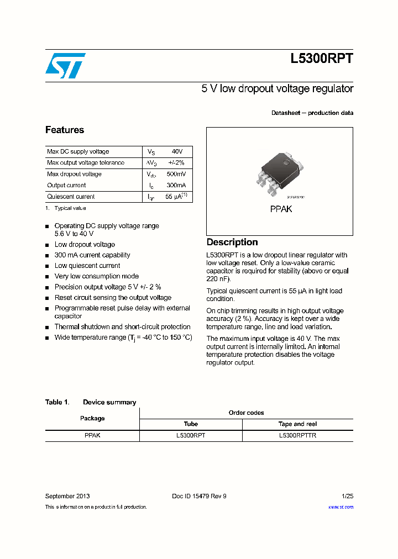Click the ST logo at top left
[65, 66]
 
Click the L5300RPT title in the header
[321, 60]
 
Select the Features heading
[65, 130]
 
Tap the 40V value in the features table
[177, 151]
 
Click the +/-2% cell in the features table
[176, 163]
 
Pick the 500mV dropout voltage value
[176, 174]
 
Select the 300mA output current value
[176, 186]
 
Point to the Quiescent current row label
[71, 197]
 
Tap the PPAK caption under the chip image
[281, 209]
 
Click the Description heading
[232, 242]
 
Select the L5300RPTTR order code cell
[297, 435]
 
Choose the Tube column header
[191, 424]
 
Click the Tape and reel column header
[297, 424]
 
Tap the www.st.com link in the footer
[341, 507]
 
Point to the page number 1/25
[347, 496]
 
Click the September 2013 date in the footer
[67, 496]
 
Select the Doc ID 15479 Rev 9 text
[199, 496]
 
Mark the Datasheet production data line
[312, 113]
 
